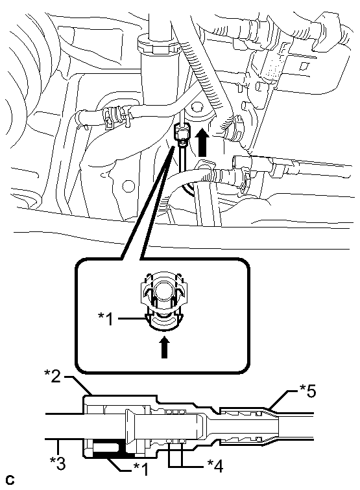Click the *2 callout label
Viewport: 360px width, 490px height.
coord(53,377)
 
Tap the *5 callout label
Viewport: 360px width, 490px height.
coord(307,391)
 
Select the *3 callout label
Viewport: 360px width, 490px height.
coord(58,463)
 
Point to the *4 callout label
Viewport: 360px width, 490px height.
coord(215,467)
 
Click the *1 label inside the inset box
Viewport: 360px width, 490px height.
coord(106,319)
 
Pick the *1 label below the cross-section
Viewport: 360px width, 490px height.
coord(141,469)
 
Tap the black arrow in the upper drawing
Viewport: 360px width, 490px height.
coord(202,142)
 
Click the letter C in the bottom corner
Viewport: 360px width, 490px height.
coord(10,480)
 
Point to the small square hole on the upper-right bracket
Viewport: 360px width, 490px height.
coord(303,66)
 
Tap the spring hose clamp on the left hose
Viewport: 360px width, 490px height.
coord(115,117)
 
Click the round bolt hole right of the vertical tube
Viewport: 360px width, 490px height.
coord(196,108)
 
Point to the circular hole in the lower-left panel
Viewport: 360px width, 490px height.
coord(128,185)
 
